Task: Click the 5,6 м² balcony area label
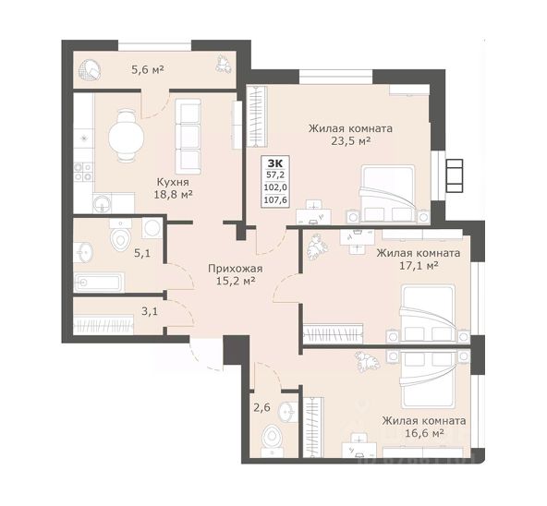[148, 70]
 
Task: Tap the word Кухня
[173, 182]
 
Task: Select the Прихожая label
[235, 269]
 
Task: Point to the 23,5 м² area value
[350, 141]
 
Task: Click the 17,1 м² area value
[419, 266]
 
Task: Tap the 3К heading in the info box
[275, 163]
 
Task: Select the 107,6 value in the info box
[275, 200]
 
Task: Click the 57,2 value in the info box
[275, 175]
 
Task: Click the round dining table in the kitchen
[126, 136]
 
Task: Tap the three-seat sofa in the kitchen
[188, 137]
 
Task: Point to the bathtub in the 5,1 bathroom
[99, 283]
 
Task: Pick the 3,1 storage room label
[150, 311]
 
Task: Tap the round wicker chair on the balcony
[90, 70]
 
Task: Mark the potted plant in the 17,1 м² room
[318, 247]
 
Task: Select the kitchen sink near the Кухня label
[103, 203]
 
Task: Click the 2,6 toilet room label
[261, 407]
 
